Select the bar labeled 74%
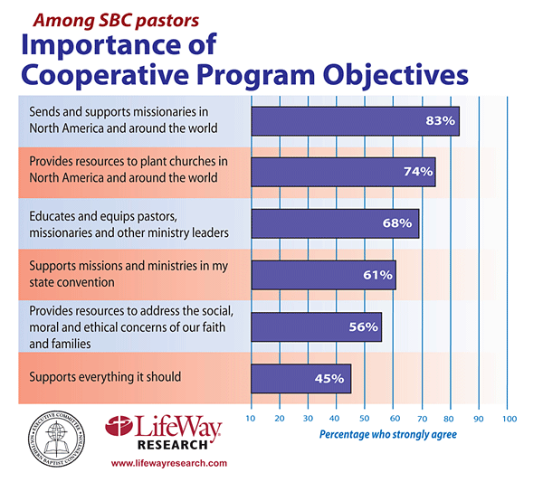click(x=343, y=172)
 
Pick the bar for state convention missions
click(x=323, y=275)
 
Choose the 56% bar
click(x=316, y=326)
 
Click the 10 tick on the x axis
click(x=251, y=419)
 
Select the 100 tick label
click(x=510, y=419)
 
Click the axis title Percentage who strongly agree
click(x=388, y=435)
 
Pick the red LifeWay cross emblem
click(x=123, y=429)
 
